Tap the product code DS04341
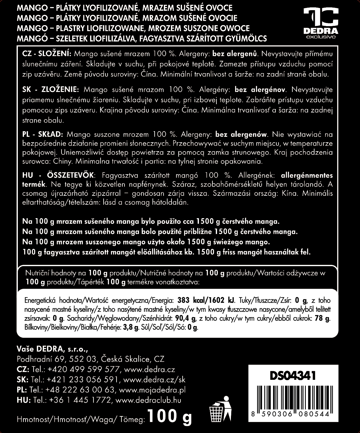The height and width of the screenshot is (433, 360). click(292, 376)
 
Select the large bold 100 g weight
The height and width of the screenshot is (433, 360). click(169, 417)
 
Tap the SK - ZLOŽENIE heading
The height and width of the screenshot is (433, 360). click(51, 90)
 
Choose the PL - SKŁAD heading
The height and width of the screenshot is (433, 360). click(43, 134)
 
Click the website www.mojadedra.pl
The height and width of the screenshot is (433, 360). click(152, 390)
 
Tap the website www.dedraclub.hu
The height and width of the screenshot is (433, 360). click(148, 400)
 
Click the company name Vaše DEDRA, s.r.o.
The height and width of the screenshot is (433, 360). click(52, 349)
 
